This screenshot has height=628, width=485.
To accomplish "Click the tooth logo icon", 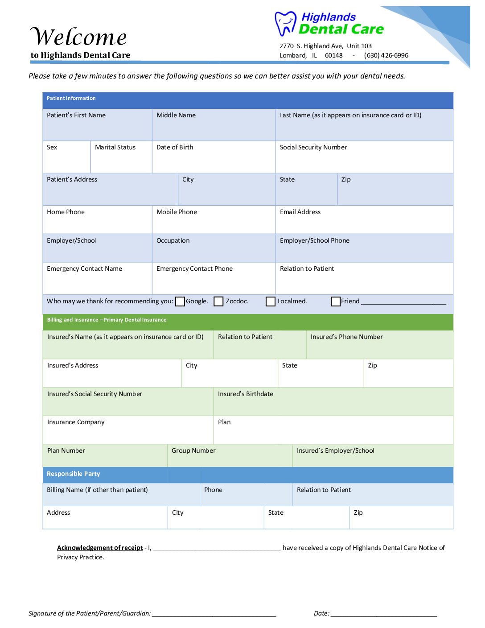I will coord(285,24).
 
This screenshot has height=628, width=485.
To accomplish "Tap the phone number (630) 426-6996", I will coord(386,56).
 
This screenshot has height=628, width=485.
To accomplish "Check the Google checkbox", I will coord(180,302).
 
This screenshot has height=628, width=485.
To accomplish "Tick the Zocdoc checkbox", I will coord(218,302).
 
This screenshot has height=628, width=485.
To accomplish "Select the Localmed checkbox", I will coord(271,302).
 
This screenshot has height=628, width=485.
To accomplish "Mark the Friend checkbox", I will coord(336,302).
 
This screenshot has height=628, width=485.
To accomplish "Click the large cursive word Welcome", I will coord(78,37).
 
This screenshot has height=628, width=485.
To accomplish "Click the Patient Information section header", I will coord(71,98).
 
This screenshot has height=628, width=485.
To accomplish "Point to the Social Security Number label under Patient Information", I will coord(313,148).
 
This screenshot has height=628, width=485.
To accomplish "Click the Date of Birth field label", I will coord(175,148).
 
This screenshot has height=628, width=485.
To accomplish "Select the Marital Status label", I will coord(115,148).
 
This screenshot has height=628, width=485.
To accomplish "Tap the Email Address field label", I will coord(300,212).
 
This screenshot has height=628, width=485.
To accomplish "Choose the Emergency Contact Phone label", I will coord(194,269).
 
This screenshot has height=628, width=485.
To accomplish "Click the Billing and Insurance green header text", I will coord(107,320).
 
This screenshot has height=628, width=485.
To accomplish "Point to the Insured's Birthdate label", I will coord(245,394).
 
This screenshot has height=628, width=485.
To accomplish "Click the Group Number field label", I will coord(193,451).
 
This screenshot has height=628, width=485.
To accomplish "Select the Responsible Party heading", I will coord(74,474).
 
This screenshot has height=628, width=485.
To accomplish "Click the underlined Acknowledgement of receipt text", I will coord(100,548).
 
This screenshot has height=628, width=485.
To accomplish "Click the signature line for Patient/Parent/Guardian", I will coord(214,614).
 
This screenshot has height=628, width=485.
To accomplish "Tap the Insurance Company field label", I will coord(76,422).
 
